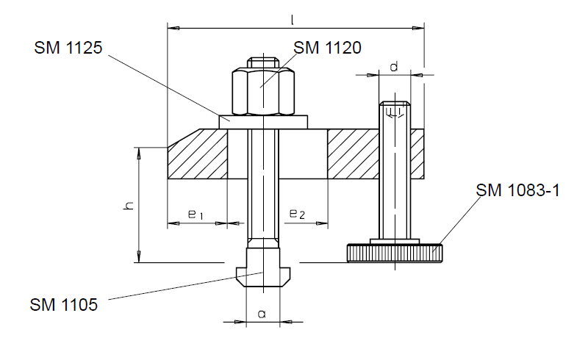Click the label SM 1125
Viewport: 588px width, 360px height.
(68, 48)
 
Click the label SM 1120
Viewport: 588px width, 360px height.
(327, 48)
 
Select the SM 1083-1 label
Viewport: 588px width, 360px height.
(518, 190)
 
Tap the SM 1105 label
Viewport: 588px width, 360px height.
(64, 304)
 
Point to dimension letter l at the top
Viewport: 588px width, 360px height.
(292, 20)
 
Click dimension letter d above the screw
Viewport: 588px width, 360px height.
(394, 67)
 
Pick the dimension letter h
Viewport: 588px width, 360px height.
(129, 206)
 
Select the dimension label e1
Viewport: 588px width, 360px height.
(196, 215)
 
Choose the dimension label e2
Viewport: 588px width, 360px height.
(298, 214)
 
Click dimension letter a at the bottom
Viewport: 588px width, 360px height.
(262, 314)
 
